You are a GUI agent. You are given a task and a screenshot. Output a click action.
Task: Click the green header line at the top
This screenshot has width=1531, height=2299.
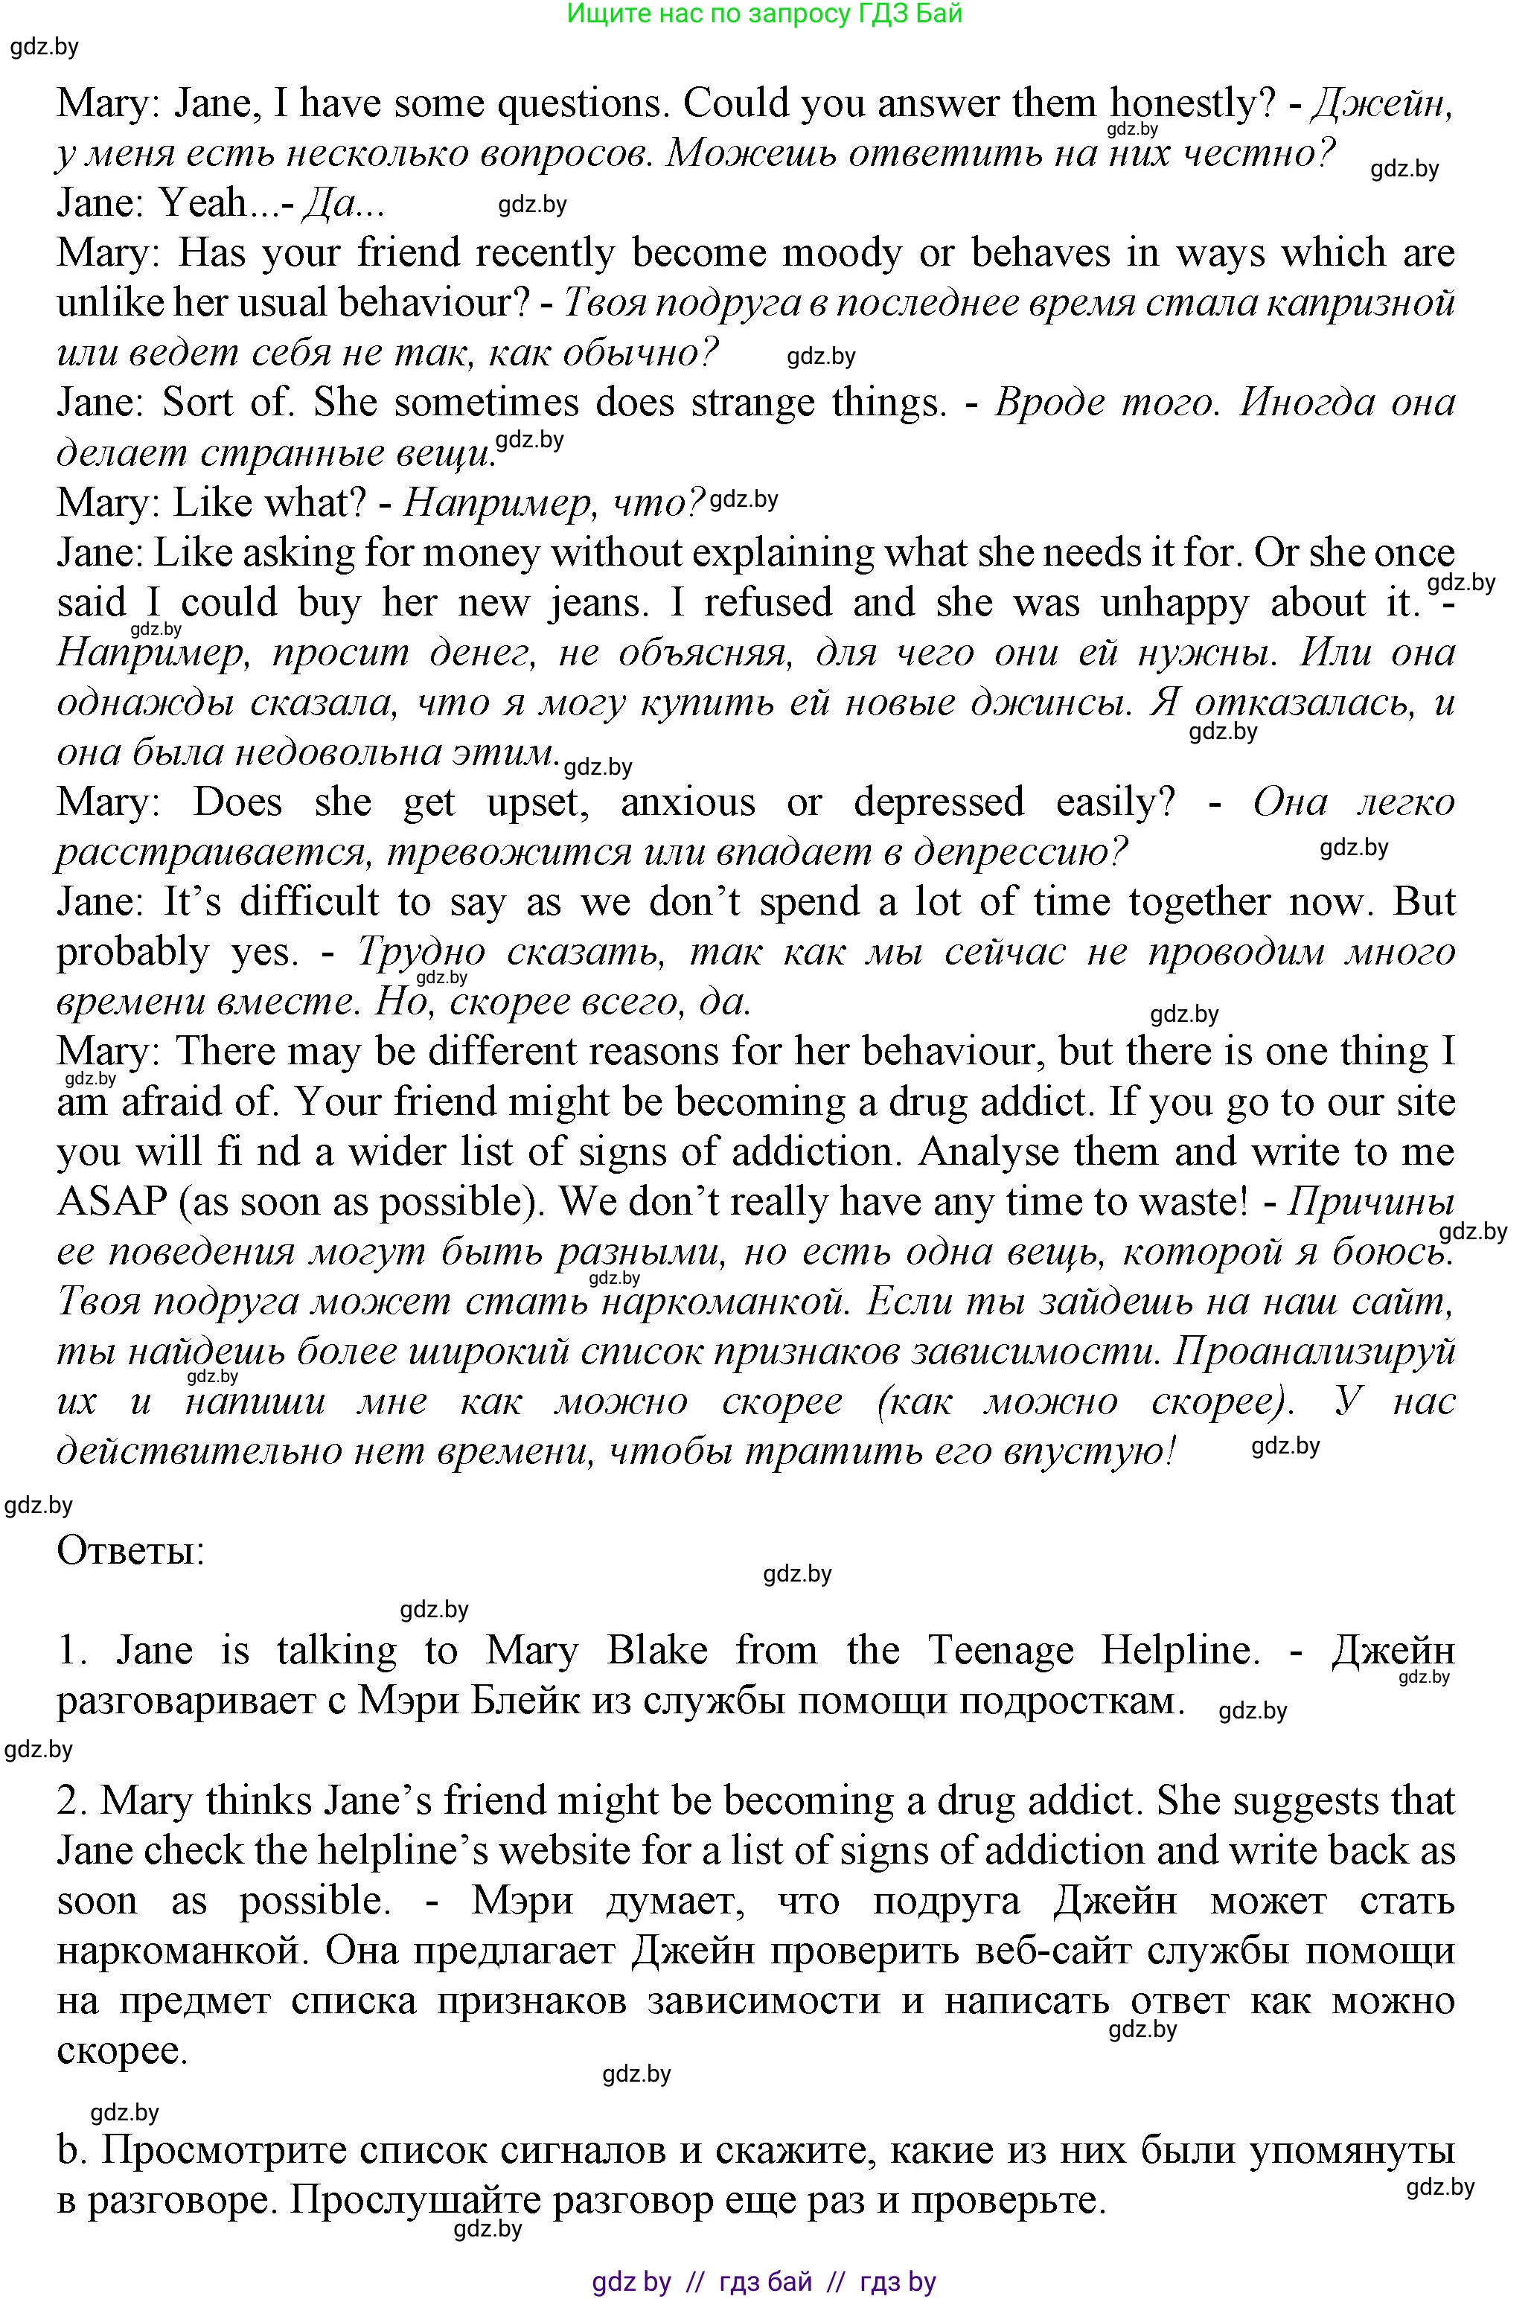coord(764,13)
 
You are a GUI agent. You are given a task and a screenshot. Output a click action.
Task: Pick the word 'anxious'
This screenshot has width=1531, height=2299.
coord(688,802)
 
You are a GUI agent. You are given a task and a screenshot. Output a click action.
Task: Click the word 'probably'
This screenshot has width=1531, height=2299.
coord(132,951)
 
